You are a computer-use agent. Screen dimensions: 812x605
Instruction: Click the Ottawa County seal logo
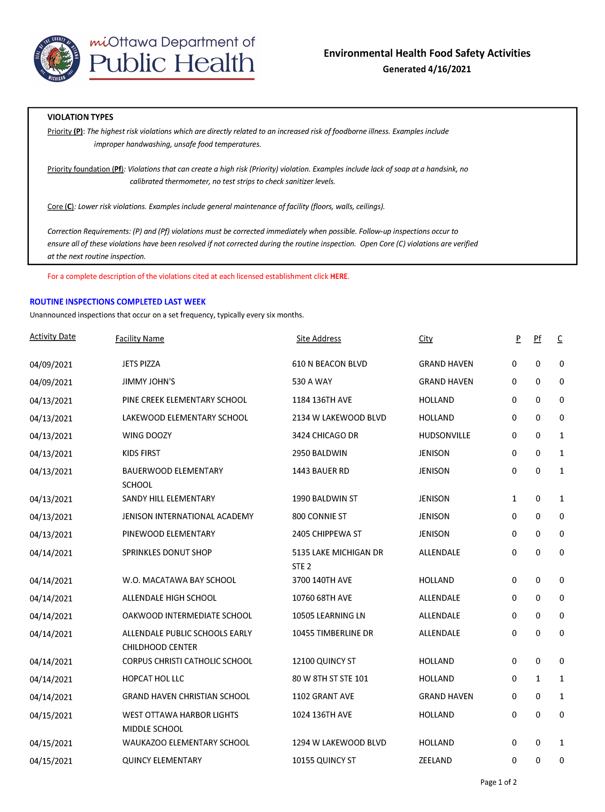click(57, 59)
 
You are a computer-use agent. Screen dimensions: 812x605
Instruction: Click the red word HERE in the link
click(339, 276)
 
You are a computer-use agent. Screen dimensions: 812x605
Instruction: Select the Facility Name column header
click(140, 339)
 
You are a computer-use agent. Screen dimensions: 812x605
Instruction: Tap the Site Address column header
click(318, 339)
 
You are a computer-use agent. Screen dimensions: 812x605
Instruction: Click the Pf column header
click(537, 339)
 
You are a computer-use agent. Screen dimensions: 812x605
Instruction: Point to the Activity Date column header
click(52, 337)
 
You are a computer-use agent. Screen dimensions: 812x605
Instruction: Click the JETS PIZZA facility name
click(141, 364)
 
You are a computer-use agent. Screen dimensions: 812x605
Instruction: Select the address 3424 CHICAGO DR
click(325, 436)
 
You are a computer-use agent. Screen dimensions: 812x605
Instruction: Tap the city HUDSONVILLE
click(444, 436)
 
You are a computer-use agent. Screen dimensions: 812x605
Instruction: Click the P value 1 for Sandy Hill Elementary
click(514, 499)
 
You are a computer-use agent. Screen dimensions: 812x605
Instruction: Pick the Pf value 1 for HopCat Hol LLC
click(538, 679)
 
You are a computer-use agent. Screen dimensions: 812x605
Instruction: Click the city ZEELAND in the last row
click(435, 760)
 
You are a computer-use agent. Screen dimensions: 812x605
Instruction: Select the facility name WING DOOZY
click(147, 436)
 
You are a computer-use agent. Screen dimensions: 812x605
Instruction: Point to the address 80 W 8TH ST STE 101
click(330, 679)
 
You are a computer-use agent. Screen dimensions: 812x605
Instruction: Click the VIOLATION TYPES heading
click(80, 117)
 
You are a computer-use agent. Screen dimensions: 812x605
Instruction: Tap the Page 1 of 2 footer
click(498, 782)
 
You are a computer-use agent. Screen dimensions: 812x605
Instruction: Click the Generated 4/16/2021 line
click(426, 69)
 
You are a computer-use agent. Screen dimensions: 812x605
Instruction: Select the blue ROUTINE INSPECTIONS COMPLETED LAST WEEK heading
click(117, 302)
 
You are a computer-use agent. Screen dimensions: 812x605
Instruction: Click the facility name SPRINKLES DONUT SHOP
click(167, 553)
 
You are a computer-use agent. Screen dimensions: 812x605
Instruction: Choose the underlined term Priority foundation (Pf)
click(85, 169)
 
